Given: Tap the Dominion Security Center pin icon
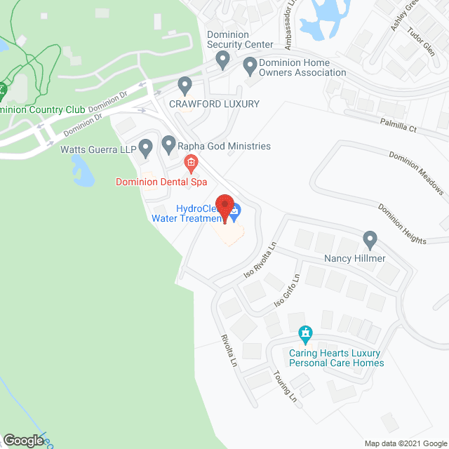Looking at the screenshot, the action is (223, 60).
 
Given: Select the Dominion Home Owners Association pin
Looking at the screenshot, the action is (250, 67).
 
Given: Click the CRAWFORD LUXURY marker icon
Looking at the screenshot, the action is (185, 86).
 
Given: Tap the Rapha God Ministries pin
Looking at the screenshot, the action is (169, 145).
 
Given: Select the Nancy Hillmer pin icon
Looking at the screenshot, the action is (370, 241).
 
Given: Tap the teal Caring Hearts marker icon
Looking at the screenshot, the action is (305, 333).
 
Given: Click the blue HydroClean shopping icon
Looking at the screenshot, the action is (235, 210).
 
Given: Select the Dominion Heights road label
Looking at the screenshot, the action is (402, 224).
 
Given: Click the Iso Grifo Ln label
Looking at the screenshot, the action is (286, 293).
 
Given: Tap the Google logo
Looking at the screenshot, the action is (22, 440).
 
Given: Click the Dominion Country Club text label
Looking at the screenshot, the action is (42, 109).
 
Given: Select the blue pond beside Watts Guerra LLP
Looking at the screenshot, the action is (82, 173).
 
